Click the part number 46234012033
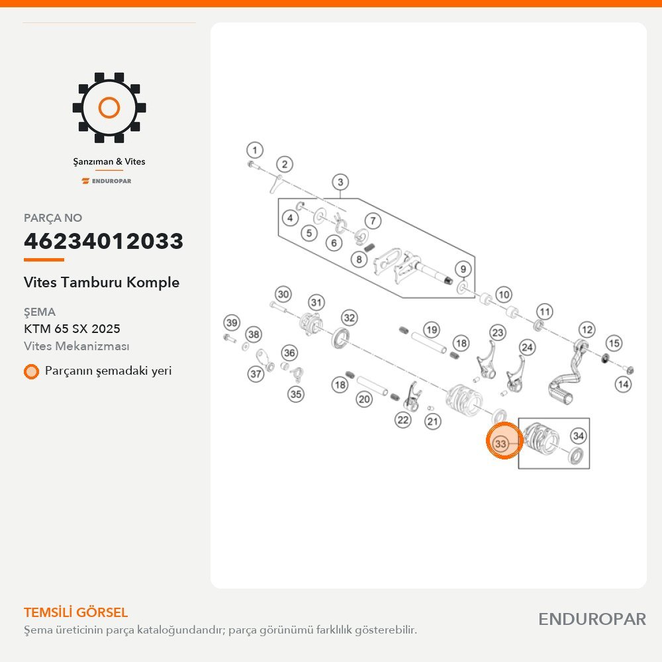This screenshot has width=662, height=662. click(103, 241)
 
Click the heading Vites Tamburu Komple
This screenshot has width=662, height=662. click(101, 282)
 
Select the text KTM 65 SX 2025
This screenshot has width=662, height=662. click(71, 328)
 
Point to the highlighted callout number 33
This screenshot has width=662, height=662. click(500, 444)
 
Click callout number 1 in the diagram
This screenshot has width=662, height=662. click(255, 150)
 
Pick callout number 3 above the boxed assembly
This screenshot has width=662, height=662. click(340, 183)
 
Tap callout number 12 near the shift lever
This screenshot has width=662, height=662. click(587, 330)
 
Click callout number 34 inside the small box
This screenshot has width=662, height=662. click(579, 436)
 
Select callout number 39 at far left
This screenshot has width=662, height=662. click(232, 323)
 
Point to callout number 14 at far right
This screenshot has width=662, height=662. click(623, 384)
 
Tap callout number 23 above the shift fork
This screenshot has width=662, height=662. click(498, 333)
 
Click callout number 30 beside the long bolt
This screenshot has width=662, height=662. click(283, 295)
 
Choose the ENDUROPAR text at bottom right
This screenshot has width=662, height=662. click(592, 619)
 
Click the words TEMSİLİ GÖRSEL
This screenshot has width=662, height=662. click(75, 612)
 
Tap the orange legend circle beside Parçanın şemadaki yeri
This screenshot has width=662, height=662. click(31, 371)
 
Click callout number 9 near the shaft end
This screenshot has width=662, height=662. click(463, 269)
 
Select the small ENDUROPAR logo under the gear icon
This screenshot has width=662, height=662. click(107, 181)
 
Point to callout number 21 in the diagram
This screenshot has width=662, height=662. click(433, 421)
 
